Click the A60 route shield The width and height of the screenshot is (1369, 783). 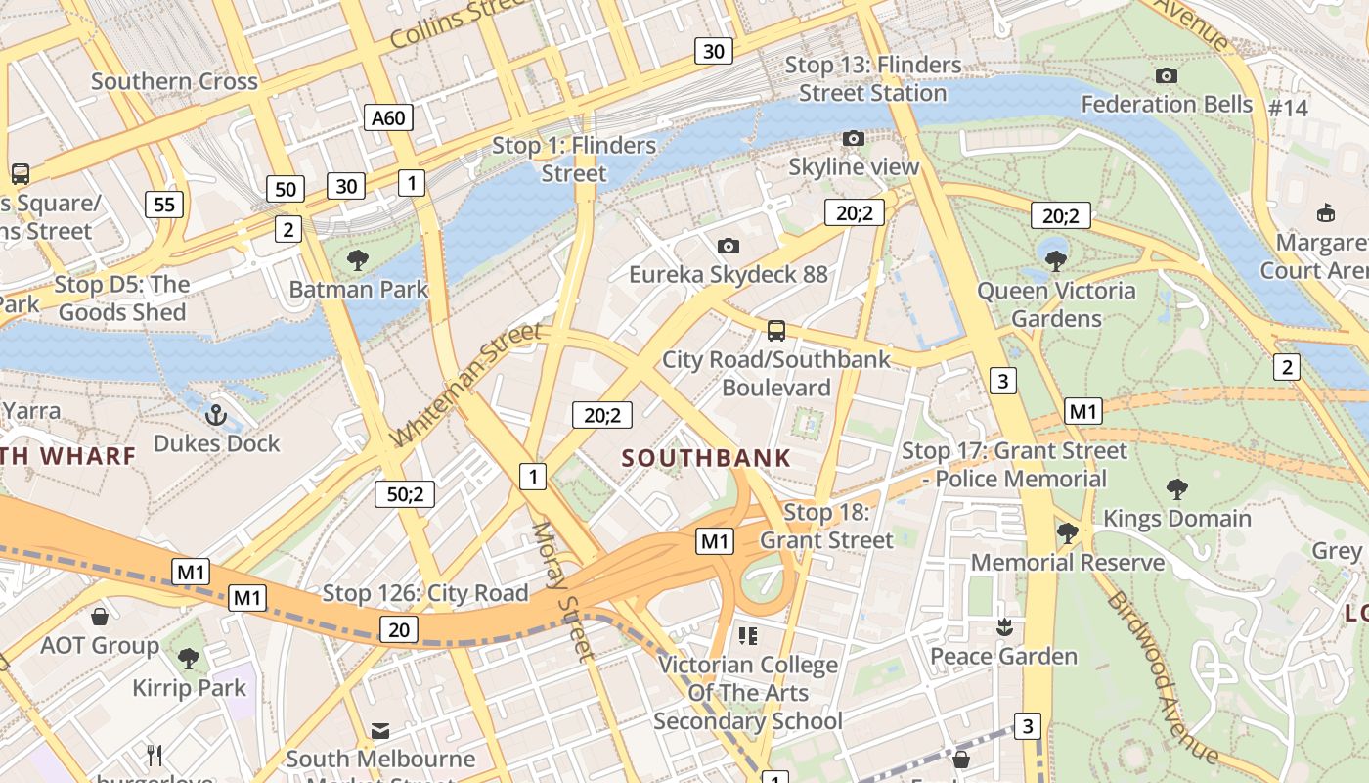[x=387, y=118]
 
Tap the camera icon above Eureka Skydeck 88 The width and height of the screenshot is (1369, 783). [x=728, y=246]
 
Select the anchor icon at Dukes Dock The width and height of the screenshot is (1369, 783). [x=216, y=415]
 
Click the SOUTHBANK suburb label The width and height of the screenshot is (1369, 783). [x=706, y=458]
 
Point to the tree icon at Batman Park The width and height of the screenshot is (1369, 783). [x=358, y=260]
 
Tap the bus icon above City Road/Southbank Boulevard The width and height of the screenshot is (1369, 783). [x=775, y=331]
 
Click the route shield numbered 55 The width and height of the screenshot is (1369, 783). [x=163, y=205]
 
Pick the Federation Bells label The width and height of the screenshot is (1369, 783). [x=1166, y=104]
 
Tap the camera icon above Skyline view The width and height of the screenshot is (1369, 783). [x=854, y=139]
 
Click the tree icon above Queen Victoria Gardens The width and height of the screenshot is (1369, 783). [x=1055, y=260]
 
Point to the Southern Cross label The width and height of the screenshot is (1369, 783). [x=174, y=81]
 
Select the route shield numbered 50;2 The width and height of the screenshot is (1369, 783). [x=405, y=494]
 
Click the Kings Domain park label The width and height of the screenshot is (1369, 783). [x=1176, y=518]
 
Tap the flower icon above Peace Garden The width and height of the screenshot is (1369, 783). [x=1003, y=625]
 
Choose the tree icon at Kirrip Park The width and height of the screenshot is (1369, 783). [x=189, y=659]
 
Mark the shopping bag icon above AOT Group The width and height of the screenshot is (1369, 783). [x=99, y=617]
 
